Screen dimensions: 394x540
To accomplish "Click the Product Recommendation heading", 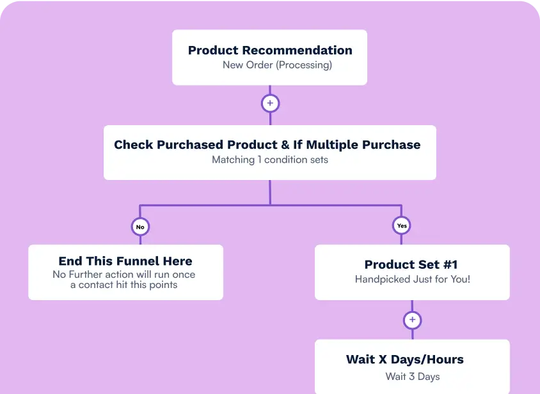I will [x=269, y=50].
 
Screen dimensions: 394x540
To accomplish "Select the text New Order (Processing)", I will [x=277, y=65].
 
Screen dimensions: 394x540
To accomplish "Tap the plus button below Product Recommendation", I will [x=270, y=103].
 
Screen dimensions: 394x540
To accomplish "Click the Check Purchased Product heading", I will [x=267, y=145].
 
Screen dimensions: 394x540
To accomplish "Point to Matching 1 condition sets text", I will [x=269, y=160].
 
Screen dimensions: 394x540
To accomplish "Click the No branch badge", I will [x=140, y=226].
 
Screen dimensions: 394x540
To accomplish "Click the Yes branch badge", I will [x=402, y=225].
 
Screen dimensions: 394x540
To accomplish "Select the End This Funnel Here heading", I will [x=125, y=261].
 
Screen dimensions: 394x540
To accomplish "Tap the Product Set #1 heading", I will [x=411, y=264].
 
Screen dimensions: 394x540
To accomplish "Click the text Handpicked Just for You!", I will [x=412, y=279].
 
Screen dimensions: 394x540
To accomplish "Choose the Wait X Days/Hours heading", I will [x=404, y=360].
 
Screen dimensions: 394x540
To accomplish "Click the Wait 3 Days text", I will [x=412, y=376].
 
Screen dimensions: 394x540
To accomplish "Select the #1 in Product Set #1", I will [x=449, y=264].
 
